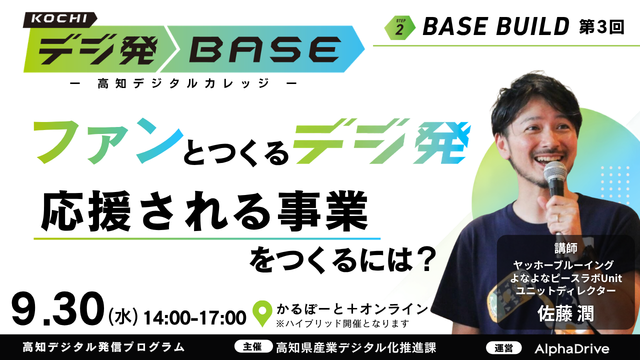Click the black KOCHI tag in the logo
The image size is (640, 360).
click(60, 19)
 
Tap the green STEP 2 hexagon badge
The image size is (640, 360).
click(399, 27)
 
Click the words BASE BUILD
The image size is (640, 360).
click(495, 26)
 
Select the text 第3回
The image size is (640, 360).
click(601, 27)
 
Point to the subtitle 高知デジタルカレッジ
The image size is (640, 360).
click(183, 83)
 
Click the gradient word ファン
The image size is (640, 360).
click(109, 141)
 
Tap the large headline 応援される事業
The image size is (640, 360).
click(204, 211)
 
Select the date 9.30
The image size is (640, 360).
click(57, 309)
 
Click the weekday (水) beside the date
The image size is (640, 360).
click(123, 317)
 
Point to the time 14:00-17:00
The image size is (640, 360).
click(195, 317)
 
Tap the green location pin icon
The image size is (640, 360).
click(262, 313)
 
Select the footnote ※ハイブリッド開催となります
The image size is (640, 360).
click(342, 323)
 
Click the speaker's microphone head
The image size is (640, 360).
click(555, 174)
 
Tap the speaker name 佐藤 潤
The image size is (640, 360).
click(565, 313)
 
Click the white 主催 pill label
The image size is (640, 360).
click(253, 346)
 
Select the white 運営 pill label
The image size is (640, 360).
click(503, 348)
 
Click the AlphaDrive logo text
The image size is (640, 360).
click(572, 348)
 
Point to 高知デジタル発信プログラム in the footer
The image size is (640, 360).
click(103, 347)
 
